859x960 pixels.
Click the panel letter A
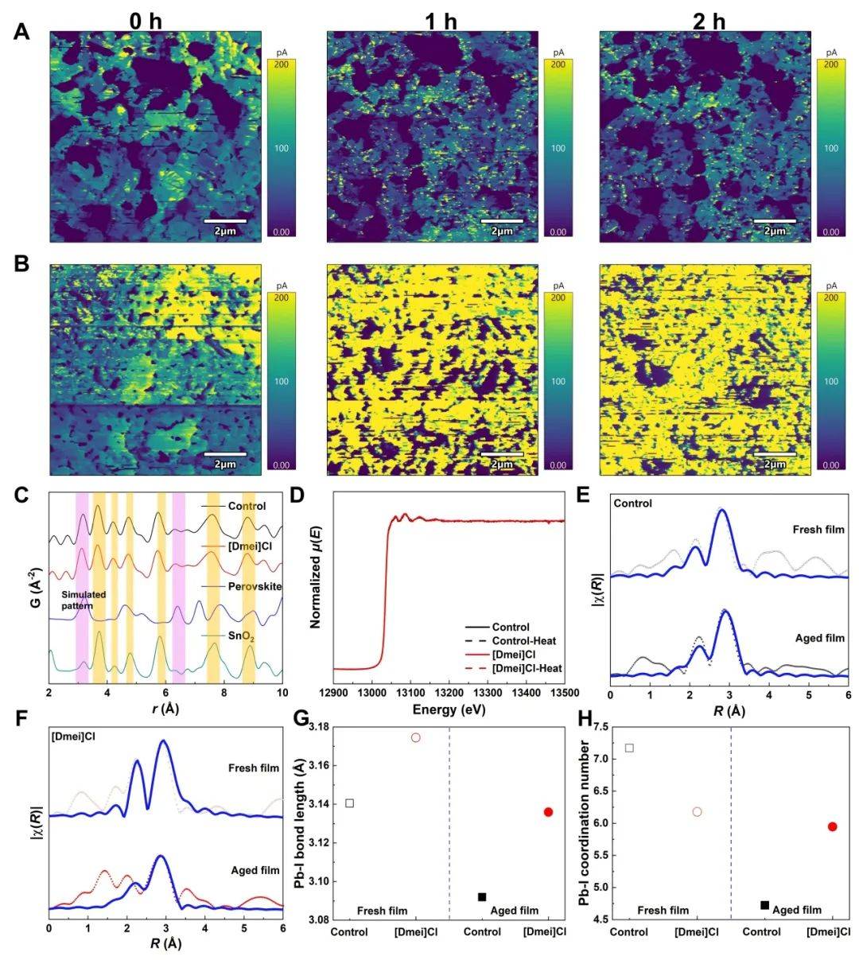pyautogui.click(x=22, y=32)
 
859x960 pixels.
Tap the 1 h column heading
pyautogui.click(x=441, y=21)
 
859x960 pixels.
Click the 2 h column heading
pyautogui.click(x=709, y=21)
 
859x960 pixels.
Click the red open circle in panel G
pyautogui.click(x=415, y=737)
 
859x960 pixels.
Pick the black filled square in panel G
pyautogui.click(x=482, y=896)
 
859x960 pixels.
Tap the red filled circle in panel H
pyautogui.click(x=833, y=826)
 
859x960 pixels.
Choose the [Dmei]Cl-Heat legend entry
pyautogui.click(x=527, y=668)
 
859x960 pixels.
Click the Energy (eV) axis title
pyautogui.click(x=449, y=709)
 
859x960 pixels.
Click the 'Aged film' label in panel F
pyautogui.click(x=255, y=870)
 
